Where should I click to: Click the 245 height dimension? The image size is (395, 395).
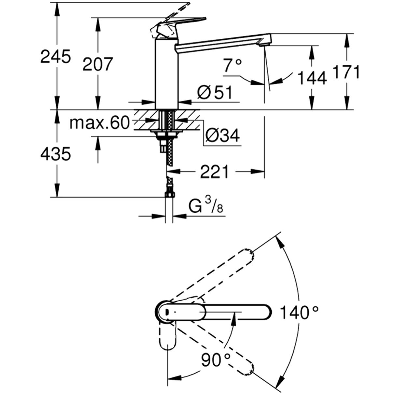click(55, 57)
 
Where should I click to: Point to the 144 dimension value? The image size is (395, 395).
click(312, 78)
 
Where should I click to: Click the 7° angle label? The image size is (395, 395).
click(232, 66)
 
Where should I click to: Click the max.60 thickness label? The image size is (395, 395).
click(100, 123)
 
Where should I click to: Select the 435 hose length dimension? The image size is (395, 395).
click(55, 154)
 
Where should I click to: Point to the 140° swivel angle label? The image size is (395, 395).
click(299, 313)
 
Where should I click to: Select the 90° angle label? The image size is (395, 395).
click(216, 360)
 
